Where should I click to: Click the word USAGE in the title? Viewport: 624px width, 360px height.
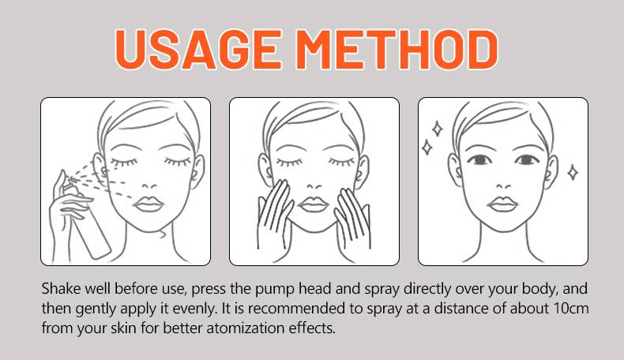point(198,50)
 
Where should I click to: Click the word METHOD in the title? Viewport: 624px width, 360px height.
point(397,50)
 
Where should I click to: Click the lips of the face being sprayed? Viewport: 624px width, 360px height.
point(148,204)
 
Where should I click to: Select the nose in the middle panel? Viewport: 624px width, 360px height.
point(314,186)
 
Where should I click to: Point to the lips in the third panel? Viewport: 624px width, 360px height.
point(502,204)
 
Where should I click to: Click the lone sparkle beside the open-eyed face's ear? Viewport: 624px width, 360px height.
point(573,172)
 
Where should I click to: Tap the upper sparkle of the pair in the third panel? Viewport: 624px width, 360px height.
point(438,129)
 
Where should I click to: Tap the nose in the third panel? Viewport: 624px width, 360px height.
point(503,186)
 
